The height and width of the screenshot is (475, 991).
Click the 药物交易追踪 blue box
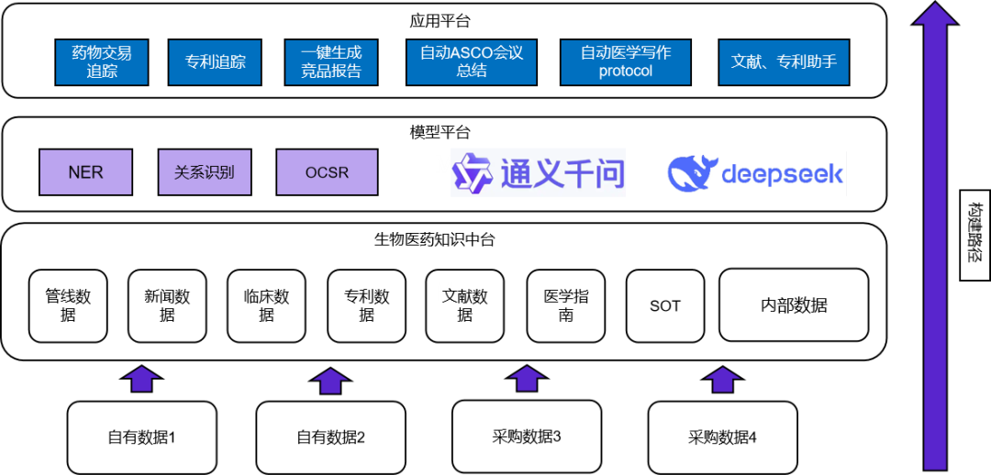[102, 61]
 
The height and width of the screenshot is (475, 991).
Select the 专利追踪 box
[215, 61]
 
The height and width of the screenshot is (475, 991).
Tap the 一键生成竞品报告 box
[331, 61]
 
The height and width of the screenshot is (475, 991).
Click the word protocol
[626, 72]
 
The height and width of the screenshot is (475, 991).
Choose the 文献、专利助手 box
[784, 61]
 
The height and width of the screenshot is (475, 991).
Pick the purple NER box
[85, 172]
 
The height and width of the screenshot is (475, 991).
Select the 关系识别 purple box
[205, 172]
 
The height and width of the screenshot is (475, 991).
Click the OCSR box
[327, 172]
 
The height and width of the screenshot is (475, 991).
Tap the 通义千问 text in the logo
[562, 172]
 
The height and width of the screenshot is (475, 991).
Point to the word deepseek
[782, 174]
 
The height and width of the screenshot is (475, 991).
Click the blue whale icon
[692, 173]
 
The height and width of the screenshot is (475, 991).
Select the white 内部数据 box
[794, 305]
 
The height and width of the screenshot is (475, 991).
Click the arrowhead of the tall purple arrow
[935, 15]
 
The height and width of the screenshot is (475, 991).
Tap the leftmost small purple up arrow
[141, 379]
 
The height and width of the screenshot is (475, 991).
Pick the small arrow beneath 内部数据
[722, 379]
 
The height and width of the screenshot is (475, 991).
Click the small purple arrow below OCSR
[330, 381]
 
